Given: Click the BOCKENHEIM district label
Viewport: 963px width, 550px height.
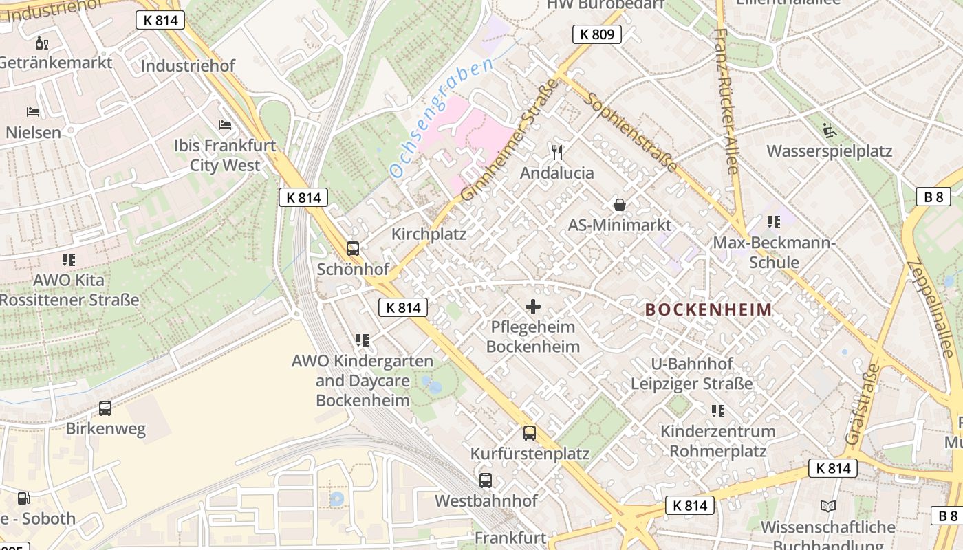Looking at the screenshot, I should pos(708,310).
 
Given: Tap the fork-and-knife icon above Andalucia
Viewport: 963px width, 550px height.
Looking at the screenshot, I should pos(557,152).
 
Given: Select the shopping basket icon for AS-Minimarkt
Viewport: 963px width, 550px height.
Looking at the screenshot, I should pos(620,205).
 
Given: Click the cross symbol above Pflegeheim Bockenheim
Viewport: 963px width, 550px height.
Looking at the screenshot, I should pos(533,307).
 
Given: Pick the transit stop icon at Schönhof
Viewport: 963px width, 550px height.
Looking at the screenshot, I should pos(353,249).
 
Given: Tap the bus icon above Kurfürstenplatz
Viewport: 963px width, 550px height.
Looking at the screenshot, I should pos(530,433).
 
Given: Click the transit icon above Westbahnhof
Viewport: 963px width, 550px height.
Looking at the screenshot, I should pos(486,481).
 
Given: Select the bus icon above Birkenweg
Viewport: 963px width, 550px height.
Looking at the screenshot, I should pos(105,408).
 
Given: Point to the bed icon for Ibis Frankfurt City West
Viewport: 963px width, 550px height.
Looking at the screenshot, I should pos(225,125).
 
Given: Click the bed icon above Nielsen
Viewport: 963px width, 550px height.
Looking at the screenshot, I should pos(33,111).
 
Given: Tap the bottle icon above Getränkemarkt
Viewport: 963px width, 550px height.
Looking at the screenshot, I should pos(42,43).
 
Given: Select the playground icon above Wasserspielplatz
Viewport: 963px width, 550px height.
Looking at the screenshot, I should pos(829,131).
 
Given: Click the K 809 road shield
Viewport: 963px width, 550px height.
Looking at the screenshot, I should pos(596,34).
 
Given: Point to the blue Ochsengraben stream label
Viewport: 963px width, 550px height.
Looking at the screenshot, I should pos(441,119).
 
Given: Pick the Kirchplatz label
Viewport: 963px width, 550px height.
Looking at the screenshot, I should pos(429,234).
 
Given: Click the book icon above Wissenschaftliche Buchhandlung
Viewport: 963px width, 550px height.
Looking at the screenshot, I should pos(828,507).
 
